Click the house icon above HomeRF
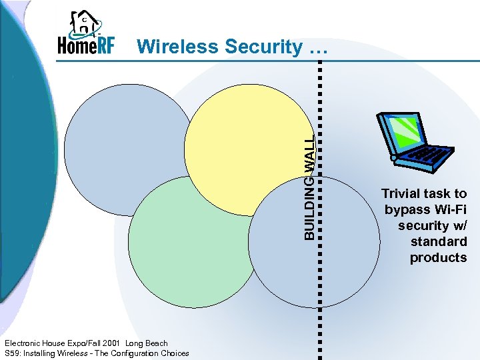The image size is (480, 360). coord(85,23)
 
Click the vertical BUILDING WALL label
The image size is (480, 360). coord(310,187)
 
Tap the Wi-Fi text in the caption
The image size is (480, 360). coord(449,210)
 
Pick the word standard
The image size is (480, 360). coord(439,242)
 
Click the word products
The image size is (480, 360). coord(439,258)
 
